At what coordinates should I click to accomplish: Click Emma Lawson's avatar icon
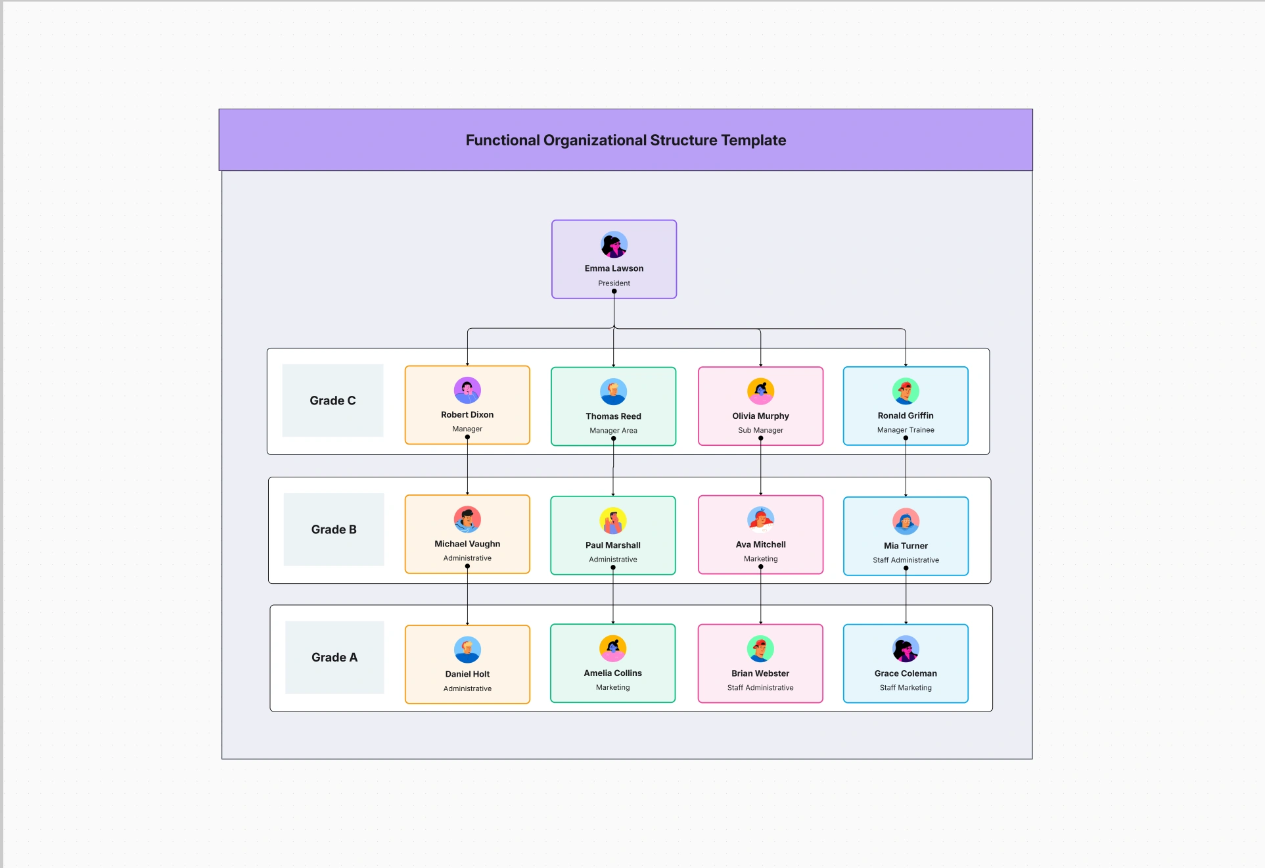click(614, 245)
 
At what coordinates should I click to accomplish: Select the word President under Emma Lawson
click(614, 283)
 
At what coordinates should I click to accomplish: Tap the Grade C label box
click(333, 400)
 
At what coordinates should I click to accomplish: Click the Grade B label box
click(334, 529)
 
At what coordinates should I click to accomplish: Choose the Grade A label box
click(334, 657)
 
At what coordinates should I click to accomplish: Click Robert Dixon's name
click(467, 415)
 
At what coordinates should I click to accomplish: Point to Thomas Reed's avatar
click(613, 392)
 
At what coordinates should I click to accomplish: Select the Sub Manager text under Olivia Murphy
click(760, 430)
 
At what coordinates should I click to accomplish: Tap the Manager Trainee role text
click(906, 430)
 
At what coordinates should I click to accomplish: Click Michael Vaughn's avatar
click(467, 519)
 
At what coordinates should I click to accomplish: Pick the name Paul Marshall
click(613, 545)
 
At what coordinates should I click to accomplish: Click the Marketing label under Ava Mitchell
click(760, 559)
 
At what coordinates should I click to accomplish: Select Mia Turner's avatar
click(906, 521)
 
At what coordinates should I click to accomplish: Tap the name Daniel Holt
click(467, 674)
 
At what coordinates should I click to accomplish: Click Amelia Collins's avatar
click(612, 648)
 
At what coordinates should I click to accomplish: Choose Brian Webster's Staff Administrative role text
click(760, 688)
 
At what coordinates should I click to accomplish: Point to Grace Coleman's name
click(906, 673)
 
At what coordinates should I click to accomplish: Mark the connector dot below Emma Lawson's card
click(614, 291)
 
